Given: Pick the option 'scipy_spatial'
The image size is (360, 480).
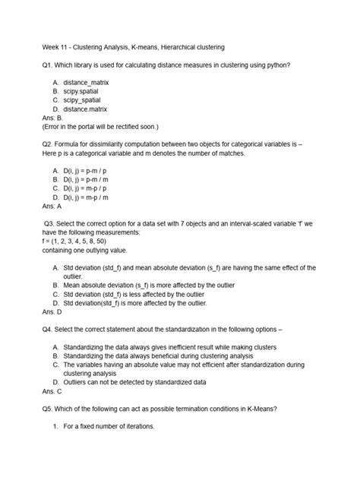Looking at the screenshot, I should pos(87,100).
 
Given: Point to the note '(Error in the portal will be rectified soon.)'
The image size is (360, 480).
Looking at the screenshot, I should pos(97,128).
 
